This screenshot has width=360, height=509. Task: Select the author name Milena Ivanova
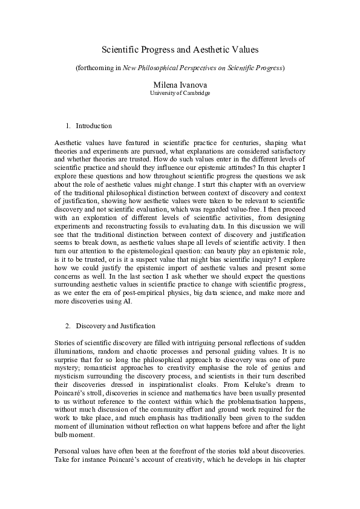[x=180, y=85]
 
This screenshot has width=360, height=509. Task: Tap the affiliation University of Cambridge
[x=180, y=94]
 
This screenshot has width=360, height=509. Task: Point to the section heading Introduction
[x=93, y=126]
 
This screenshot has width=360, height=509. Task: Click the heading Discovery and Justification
[x=116, y=326]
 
